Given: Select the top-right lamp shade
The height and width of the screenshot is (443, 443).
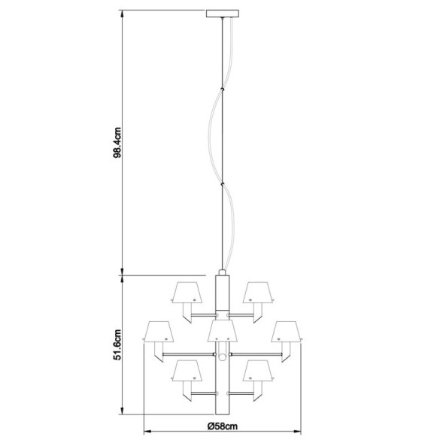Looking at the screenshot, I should [x=258, y=291].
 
